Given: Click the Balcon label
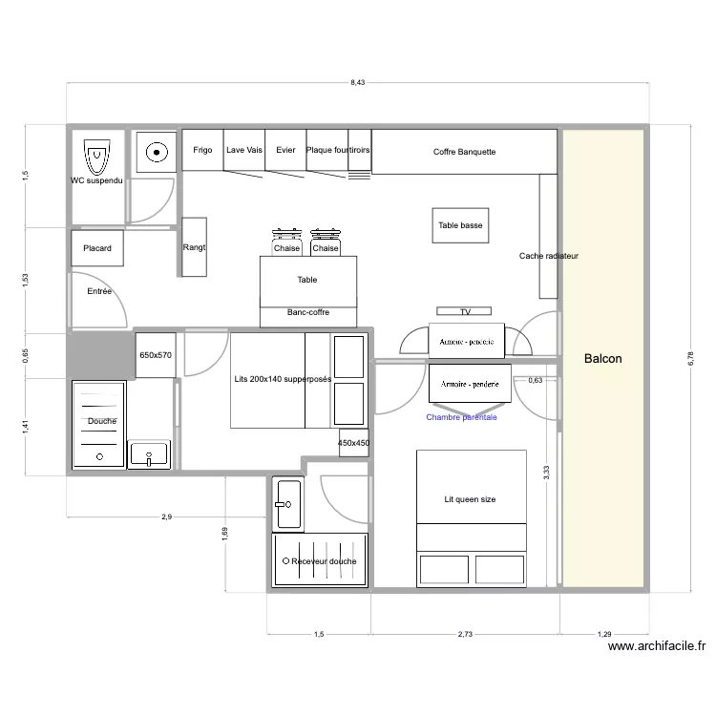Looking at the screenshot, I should [x=602, y=359].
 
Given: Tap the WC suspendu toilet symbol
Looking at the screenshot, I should [x=96, y=154].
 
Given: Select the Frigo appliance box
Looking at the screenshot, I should [x=202, y=151].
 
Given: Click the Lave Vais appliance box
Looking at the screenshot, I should [x=244, y=151].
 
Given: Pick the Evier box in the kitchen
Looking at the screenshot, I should [x=285, y=151].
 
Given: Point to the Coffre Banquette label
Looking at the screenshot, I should [x=464, y=152].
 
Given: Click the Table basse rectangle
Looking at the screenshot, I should [x=460, y=226].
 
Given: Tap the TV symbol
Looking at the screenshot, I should [x=466, y=311].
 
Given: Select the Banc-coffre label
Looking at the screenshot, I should [x=308, y=312].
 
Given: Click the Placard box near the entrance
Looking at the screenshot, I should [x=96, y=248].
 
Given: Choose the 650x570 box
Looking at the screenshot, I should [x=156, y=355].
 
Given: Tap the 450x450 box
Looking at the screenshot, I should [x=353, y=443].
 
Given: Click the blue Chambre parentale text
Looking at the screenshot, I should [x=461, y=417].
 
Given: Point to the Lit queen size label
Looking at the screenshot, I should [x=470, y=499].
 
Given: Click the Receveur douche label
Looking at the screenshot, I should [x=325, y=561].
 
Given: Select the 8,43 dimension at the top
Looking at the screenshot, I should [x=357, y=83].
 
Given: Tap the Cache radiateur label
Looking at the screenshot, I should [x=548, y=256].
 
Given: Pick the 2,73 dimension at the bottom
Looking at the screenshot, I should [x=465, y=634].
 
